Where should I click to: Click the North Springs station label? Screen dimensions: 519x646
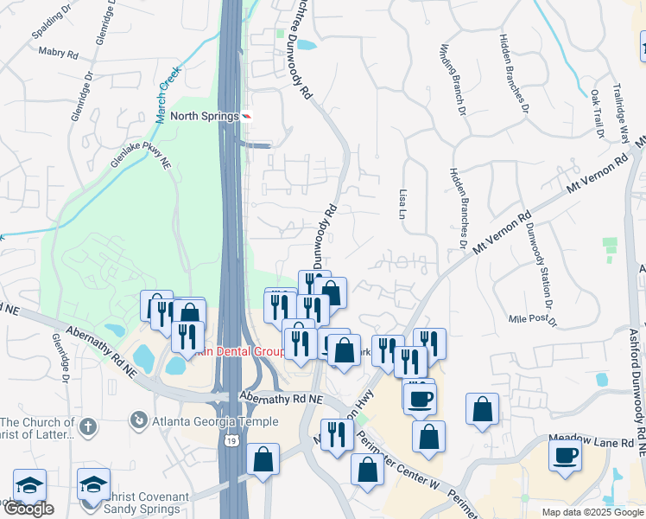(x=204, y=116)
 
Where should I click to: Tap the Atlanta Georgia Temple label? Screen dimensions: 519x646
(x=215, y=422)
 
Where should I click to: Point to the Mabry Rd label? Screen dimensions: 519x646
(x=59, y=53)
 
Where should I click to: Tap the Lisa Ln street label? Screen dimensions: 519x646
(x=403, y=203)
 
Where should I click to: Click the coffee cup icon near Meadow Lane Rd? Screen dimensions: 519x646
(x=566, y=455)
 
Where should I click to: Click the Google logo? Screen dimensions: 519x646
(x=28, y=509)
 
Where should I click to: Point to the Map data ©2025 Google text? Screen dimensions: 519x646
(x=592, y=512)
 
